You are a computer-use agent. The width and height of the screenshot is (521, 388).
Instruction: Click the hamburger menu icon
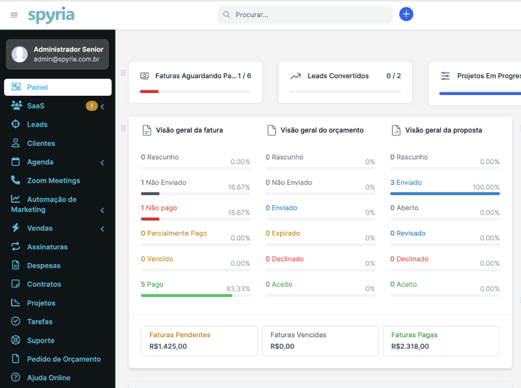pos(14,14)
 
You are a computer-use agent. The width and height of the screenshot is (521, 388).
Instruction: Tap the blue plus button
pos(406,14)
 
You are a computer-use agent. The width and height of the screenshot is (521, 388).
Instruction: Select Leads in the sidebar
pos(37,125)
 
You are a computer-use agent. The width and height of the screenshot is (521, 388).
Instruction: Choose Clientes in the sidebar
pos(41,143)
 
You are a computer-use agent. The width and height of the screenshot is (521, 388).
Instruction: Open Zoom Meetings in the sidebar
pos(53,181)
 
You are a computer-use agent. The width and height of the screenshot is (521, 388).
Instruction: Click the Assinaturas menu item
pos(47,246)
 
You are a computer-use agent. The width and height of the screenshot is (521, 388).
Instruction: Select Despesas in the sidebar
pos(44,266)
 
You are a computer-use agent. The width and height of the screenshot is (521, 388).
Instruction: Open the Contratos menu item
pos(44,284)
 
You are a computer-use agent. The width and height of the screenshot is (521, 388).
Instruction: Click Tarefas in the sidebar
pos(40,322)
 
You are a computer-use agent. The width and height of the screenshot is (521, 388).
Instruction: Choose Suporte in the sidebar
pos(40,340)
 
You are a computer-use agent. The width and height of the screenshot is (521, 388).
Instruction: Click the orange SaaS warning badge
pos(91,106)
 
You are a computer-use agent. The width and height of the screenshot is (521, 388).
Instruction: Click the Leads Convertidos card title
pos(338,76)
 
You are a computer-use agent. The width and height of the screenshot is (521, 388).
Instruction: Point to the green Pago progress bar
pos(186,296)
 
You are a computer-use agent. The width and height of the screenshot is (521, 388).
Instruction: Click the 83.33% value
pos(238,289)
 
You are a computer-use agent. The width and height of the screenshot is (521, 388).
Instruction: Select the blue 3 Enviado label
pos(406,183)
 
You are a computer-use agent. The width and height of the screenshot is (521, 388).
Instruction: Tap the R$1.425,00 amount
pos(168,346)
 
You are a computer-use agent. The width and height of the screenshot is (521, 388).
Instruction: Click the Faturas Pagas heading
pos(414,335)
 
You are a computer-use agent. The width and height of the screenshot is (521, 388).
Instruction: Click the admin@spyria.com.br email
pos(66,60)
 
